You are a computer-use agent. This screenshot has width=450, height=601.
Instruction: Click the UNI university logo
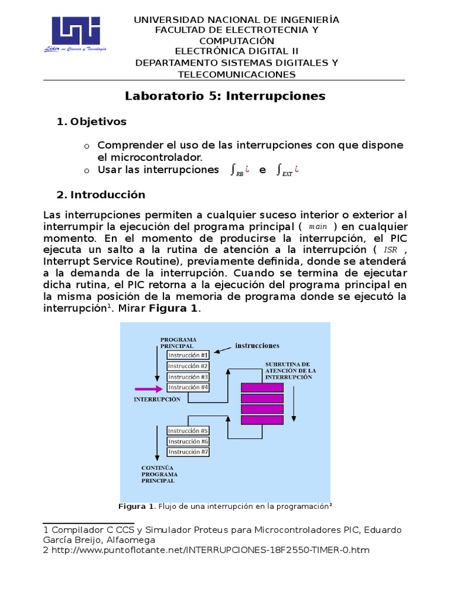pyautogui.click(x=76, y=33)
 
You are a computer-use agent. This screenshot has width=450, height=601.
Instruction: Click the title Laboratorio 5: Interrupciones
pyautogui.click(x=225, y=96)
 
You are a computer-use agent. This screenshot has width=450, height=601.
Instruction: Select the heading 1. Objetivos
pyautogui.click(x=91, y=122)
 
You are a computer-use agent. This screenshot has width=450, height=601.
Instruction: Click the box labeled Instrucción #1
pyautogui.click(x=188, y=355)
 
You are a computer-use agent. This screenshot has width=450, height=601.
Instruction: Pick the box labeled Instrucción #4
pyautogui.click(x=188, y=387)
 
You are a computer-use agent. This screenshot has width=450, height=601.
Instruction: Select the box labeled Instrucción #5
pyautogui.click(x=188, y=430)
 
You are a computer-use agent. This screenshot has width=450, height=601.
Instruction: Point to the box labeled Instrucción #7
pyautogui.click(x=188, y=452)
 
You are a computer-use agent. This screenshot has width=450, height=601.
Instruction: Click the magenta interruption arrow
pyautogui.click(x=149, y=389)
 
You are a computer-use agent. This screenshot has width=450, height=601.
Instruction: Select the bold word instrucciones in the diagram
pyautogui.click(x=257, y=346)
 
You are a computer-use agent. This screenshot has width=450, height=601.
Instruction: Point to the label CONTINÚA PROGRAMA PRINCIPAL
pyautogui.click(x=159, y=474)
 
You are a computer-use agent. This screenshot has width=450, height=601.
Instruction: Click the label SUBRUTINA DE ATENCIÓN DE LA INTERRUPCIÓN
pyautogui.click(x=290, y=371)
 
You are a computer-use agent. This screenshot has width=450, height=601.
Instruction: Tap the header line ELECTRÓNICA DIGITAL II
pyautogui.click(x=236, y=51)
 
